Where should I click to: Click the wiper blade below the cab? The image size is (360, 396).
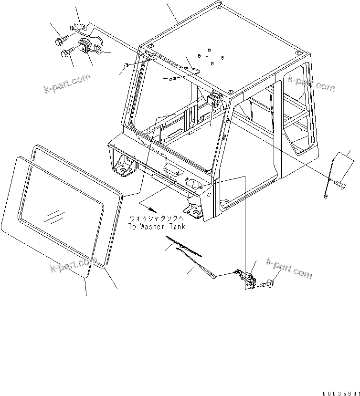183,245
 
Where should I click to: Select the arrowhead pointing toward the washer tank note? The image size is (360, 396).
153,210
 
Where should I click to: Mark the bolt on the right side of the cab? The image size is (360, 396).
340,183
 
